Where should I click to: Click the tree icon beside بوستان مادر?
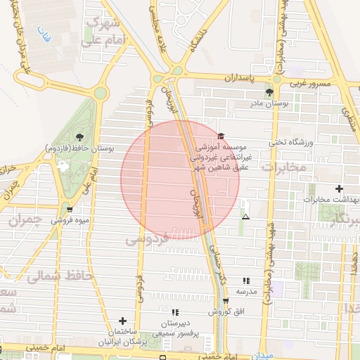(269, 92)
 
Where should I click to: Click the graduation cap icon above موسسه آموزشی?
(222, 136)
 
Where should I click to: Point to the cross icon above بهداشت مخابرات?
(340, 188)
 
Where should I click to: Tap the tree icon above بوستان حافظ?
(78, 137)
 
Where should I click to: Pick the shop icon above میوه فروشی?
(69, 209)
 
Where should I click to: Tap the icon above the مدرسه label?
(245, 279)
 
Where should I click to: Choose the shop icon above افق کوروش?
(225, 300)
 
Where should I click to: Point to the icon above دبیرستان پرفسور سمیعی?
(175, 311)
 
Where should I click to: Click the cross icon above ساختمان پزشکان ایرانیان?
(123, 320)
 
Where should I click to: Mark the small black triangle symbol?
(245, 217)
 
